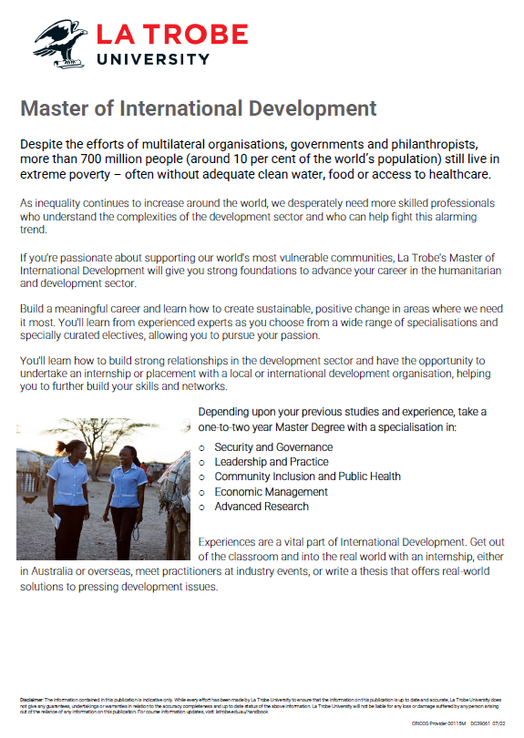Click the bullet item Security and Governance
click(x=273, y=447)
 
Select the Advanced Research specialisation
click(x=262, y=507)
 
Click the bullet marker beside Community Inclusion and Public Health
click(x=202, y=477)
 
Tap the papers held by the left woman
click(x=57, y=519)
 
